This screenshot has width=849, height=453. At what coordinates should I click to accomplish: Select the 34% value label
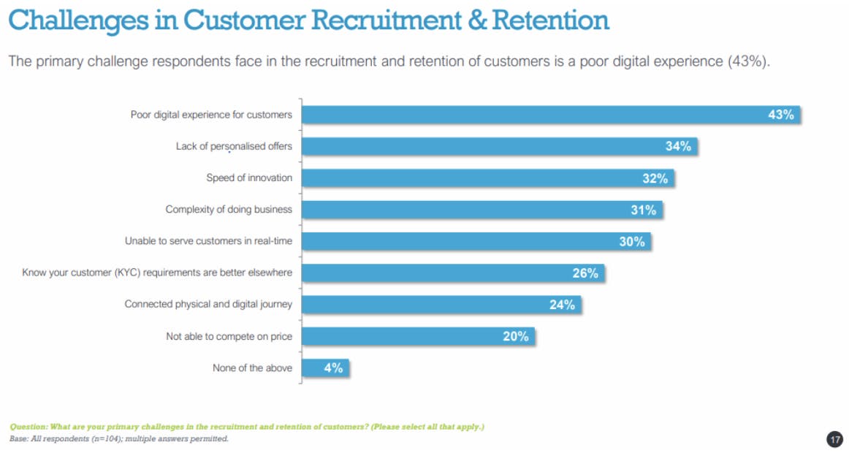coord(678,146)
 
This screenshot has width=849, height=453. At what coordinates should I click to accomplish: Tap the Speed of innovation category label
coord(249,178)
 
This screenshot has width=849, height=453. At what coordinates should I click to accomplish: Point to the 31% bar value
coord(643,210)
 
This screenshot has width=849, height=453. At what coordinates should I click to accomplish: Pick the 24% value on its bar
coord(562,305)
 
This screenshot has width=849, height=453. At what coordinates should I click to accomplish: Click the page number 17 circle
coord(834,439)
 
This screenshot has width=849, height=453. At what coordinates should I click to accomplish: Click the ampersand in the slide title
coord(476,20)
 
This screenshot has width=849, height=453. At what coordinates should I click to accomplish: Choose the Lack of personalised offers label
coord(234,146)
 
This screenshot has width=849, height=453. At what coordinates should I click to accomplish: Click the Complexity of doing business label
coord(229,210)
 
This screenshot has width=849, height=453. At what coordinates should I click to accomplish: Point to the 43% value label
coord(780,115)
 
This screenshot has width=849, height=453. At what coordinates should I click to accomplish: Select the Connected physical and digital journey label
coord(208,304)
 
